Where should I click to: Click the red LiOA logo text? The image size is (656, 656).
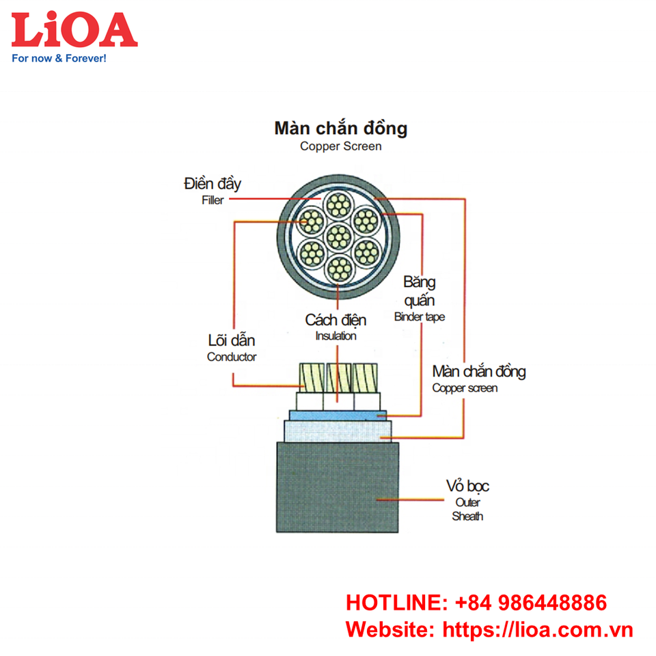click(74, 29)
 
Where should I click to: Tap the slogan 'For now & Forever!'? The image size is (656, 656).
click(59, 59)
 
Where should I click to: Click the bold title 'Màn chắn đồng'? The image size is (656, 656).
click(340, 128)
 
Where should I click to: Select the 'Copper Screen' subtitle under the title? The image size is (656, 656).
click(340, 146)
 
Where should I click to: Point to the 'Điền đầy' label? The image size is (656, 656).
click(213, 184)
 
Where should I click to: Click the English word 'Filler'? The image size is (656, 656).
click(213, 201)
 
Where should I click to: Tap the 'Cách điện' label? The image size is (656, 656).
click(336, 320)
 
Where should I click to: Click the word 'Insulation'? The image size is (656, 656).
click(336, 336)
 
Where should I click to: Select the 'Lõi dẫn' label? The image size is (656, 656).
click(231, 340)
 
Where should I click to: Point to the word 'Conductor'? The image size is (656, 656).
click(232, 357)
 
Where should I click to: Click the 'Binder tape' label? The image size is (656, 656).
click(419, 317)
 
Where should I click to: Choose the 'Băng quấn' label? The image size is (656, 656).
click(419, 291)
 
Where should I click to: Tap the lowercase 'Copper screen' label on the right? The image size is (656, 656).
click(465, 388)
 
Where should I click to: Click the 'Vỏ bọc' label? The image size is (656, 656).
click(467, 487)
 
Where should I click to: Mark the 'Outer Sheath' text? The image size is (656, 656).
click(467, 510)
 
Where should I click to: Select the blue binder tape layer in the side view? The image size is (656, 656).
click(338, 415)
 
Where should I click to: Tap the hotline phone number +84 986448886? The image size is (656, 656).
click(530, 603)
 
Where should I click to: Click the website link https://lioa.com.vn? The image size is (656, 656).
click(538, 629)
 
